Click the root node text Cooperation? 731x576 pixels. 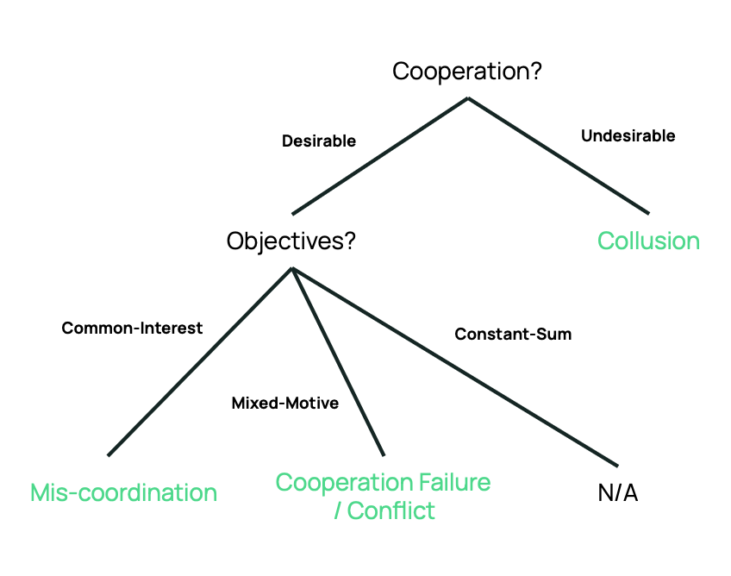coord(466,71)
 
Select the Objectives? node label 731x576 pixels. coord(291,241)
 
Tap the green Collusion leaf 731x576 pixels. coord(648,241)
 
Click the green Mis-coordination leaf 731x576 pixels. coord(123,492)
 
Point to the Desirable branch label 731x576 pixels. coord(319,141)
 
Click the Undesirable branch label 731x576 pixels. coord(628,136)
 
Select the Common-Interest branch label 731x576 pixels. coord(132,328)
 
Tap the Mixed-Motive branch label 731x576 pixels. coord(285,403)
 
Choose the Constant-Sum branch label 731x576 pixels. coord(513,334)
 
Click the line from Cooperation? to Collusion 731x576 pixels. coord(558,155)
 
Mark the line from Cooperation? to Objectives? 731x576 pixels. coord(379,156)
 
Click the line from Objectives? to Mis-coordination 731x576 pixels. coord(200,361)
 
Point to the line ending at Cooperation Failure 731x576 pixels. coord(338,362)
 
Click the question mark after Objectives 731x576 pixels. coord(349,241)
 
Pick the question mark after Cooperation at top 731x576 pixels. coord(534,71)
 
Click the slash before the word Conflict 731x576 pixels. coord(337,510)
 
